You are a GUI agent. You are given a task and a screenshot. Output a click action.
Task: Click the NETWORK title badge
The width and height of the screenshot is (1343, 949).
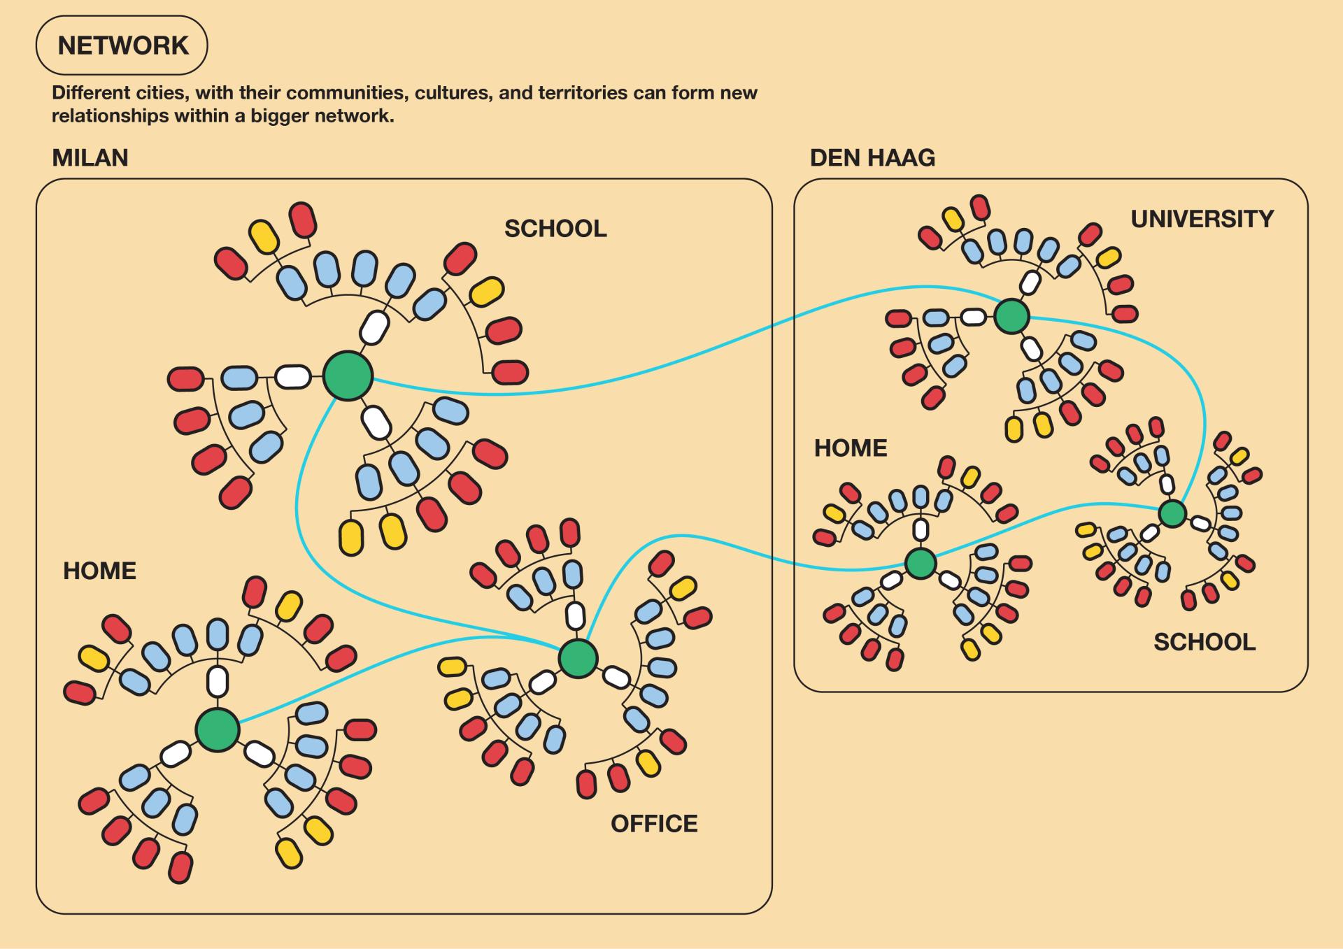122,45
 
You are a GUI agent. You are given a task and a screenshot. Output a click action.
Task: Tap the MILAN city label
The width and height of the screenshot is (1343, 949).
90,158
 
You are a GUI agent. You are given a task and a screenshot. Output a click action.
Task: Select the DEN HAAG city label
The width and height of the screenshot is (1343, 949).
872,158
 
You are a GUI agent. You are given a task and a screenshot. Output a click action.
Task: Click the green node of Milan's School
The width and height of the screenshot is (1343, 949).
348,376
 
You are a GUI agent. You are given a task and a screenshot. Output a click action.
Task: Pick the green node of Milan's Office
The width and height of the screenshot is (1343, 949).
578,658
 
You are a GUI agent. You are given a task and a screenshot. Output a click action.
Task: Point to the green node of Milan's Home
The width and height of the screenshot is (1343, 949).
218,729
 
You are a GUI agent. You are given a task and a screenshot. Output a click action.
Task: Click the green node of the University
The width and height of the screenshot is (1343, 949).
1011,316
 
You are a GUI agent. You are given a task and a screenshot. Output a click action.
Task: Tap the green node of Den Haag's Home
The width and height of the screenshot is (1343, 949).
921,563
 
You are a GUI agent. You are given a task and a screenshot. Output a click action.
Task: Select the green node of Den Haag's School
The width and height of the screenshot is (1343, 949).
1173,513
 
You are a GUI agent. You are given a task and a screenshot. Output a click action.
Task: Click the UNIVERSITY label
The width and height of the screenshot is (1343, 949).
1202,219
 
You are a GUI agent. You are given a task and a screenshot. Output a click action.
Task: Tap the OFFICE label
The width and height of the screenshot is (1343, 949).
654,824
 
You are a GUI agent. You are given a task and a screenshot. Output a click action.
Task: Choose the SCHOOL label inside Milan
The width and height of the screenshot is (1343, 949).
555,229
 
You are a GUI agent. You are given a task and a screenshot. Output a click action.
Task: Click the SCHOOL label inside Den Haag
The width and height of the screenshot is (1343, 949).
1205,642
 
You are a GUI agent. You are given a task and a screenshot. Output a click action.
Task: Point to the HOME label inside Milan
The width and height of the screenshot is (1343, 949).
99,571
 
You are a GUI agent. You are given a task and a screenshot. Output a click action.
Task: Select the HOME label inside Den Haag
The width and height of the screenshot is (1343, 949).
851,448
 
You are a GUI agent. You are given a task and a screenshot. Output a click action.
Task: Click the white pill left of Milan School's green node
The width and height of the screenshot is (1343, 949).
293,376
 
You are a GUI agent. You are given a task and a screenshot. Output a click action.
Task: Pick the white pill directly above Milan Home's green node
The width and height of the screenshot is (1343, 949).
218,680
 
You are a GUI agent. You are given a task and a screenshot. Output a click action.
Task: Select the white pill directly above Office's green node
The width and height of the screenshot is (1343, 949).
575,616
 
